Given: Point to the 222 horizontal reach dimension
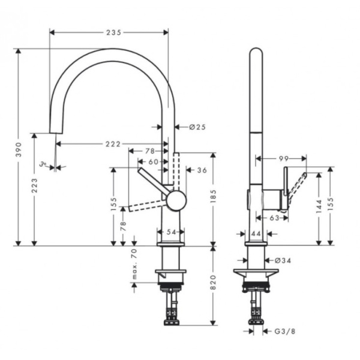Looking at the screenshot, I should click(112, 143).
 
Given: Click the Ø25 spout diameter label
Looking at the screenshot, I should click(197, 127).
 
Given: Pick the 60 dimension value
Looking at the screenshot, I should click(153, 161).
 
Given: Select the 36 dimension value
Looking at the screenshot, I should click(202, 170).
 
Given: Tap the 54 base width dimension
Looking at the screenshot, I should click(170, 232).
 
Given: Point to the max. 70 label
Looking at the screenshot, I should click(134, 265).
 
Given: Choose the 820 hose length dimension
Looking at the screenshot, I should click(214, 287).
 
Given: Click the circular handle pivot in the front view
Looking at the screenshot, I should click(176, 200).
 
